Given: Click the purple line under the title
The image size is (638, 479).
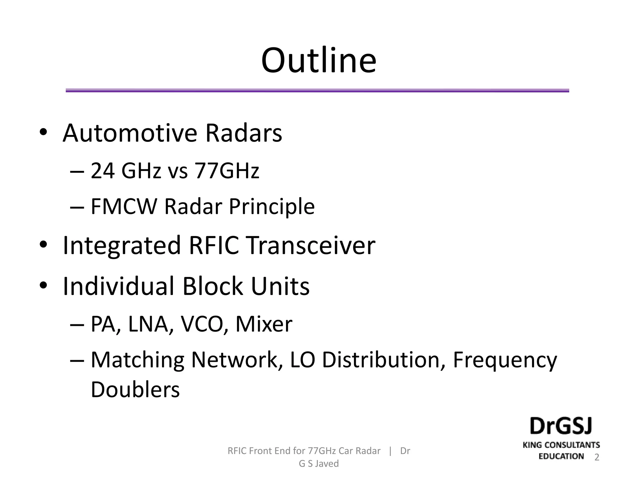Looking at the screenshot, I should [x=317, y=91].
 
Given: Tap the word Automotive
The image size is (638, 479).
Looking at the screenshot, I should [x=130, y=133].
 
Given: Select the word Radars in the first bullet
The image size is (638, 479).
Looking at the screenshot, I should [x=243, y=133].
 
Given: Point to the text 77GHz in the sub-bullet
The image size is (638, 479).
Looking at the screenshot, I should [x=226, y=171].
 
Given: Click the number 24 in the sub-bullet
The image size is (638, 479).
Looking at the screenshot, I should [x=102, y=171].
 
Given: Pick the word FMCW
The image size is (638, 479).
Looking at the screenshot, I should [x=124, y=206].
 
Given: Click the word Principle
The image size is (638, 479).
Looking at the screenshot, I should [x=272, y=207].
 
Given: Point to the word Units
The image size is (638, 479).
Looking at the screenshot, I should [x=280, y=286].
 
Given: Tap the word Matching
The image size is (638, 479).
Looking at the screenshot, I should [x=137, y=360].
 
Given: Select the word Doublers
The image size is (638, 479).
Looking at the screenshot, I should [x=135, y=390].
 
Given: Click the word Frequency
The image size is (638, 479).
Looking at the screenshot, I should [x=504, y=360].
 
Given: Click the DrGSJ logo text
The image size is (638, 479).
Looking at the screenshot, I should [x=561, y=426].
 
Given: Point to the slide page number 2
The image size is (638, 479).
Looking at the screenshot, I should [x=597, y=457].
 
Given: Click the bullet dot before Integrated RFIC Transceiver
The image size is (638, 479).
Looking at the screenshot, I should [x=43, y=245].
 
